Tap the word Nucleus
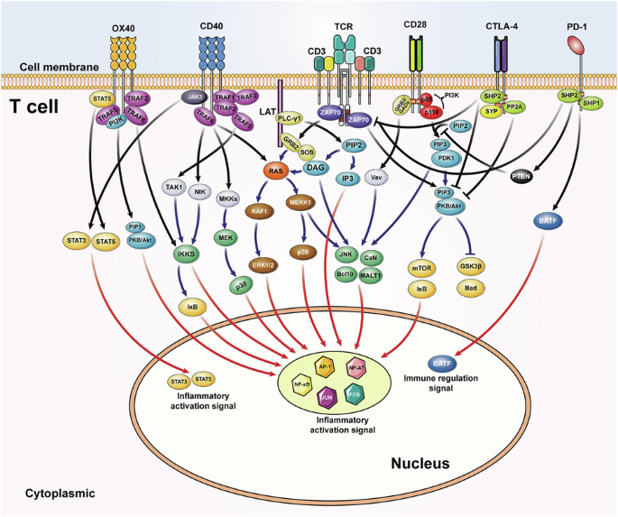pyautogui.click(x=420, y=464)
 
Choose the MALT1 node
pyautogui.click(x=372, y=275)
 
